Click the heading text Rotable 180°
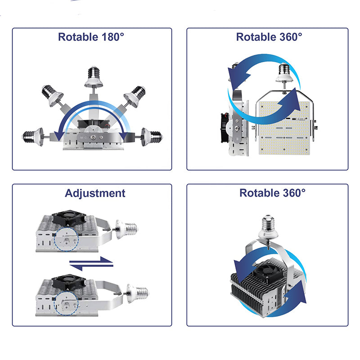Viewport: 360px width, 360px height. pyautogui.click(x=91, y=37)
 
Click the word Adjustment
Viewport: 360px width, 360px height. pyautogui.click(x=95, y=193)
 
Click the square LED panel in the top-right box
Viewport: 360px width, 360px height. pyautogui.click(x=284, y=128)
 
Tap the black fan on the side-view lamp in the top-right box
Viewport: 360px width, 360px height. pyautogui.click(x=225, y=128)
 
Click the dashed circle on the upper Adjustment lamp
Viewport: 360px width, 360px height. pyautogui.click(x=67, y=239)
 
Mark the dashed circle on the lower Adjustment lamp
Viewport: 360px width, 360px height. pyautogui.click(x=66, y=303)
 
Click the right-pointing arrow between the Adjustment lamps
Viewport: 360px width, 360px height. pyautogui.click(x=91, y=261)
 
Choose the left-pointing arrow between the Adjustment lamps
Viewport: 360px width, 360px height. pyautogui.click(x=91, y=267)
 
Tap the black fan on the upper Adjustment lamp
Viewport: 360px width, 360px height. pyautogui.click(x=69, y=219)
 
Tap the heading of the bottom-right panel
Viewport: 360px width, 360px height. pyautogui.click(x=273, y=193)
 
